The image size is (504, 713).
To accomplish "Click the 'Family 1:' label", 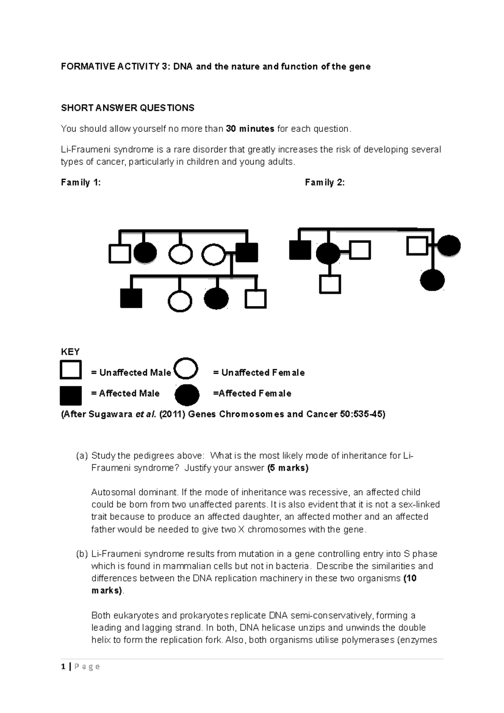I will (81, 182).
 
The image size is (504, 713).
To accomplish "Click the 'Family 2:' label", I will (325, 182).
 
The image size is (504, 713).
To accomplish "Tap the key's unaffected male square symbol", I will (71, 370).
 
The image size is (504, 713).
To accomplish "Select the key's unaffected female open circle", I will (186, 368).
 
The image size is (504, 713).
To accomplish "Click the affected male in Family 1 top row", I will (247, 253).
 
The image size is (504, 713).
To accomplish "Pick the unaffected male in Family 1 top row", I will (120, 254).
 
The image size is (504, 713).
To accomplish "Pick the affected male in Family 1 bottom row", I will (131, 298).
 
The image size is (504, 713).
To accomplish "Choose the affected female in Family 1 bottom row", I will (216, 299).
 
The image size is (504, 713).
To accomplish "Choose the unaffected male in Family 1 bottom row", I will (255, 299).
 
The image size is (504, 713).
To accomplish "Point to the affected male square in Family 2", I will (300, 250).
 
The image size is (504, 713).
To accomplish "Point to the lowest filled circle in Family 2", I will (432, 280).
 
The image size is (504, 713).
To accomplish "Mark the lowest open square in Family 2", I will (330, 284).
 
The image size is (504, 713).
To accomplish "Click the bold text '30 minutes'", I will (250, 129).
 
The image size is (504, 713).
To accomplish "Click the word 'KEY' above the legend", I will (70, 352).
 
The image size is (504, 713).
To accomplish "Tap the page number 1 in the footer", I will (63, 666).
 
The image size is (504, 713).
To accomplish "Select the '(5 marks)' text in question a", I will (288, 468).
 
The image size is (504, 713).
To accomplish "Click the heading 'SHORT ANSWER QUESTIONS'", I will (128, 108).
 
